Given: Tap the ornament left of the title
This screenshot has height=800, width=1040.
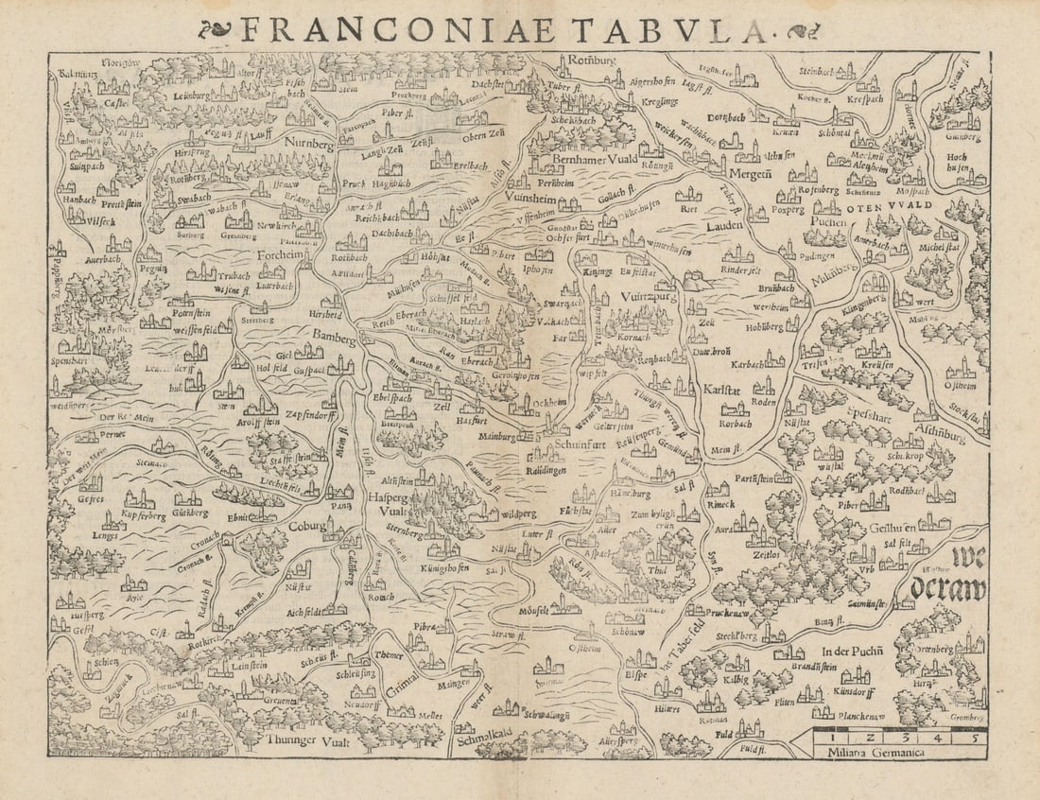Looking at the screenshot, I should tap(215, 29).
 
